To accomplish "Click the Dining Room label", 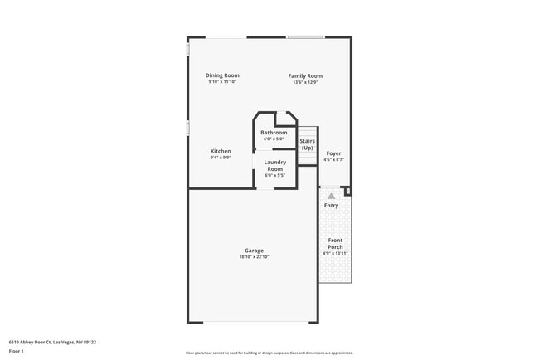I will point(222,75).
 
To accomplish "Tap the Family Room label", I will point(305,75).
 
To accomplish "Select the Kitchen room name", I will point(221,151).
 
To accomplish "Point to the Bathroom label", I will point(274,133).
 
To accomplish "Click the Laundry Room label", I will point(274,165).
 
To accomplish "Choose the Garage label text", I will point(254,251).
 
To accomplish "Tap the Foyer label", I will point(333,153).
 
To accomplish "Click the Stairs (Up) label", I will point(307,144).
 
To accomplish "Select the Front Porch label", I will point(335,243).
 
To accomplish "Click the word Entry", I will point(331,205).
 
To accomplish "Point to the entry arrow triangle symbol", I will point(331,196).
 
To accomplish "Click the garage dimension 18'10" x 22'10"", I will point(254,257).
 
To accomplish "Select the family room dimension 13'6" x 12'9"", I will point(305,82).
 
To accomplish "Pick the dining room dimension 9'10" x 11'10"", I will point(222,82).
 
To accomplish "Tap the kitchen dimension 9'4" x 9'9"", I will point(221,158).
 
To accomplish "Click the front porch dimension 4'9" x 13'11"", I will point(335,253).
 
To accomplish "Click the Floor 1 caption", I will point(17,352).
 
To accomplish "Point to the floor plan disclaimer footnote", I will point(269,353).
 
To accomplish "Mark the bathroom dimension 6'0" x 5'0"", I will point(274,139).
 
